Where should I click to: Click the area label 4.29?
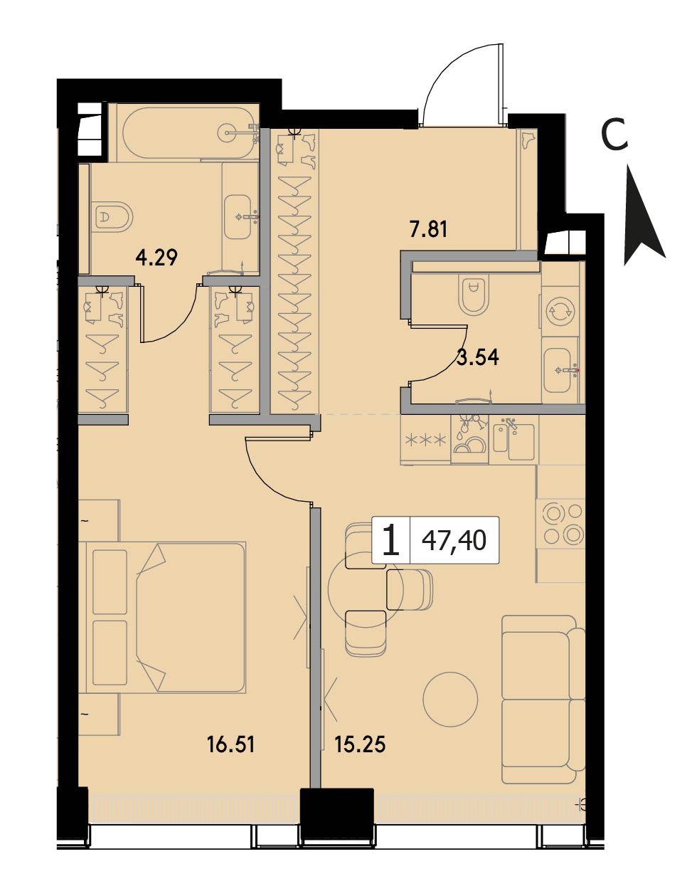(156, 258)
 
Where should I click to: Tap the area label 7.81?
(428, 229)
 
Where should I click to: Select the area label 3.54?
(478, 357)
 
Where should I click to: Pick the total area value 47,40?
(454, 539)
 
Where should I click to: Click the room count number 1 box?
(391, 539)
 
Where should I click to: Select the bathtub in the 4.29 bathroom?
(188, 133)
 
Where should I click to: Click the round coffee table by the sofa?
(451, 698)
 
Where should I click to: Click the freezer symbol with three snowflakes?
(425, 440)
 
